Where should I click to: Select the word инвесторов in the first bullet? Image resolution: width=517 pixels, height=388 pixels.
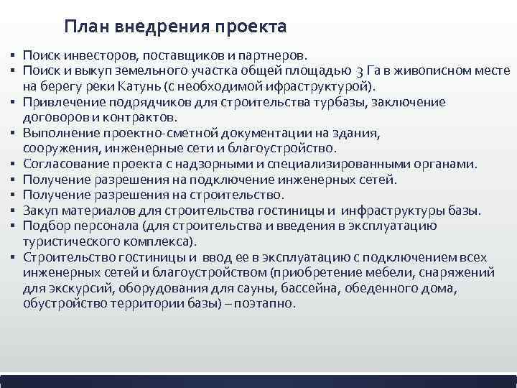point(90,55)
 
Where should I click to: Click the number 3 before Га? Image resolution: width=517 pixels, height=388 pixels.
point(358,71)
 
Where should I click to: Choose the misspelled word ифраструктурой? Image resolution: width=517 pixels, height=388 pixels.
point(311,86)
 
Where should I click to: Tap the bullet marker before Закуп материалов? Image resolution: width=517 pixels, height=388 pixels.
point(14,211)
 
